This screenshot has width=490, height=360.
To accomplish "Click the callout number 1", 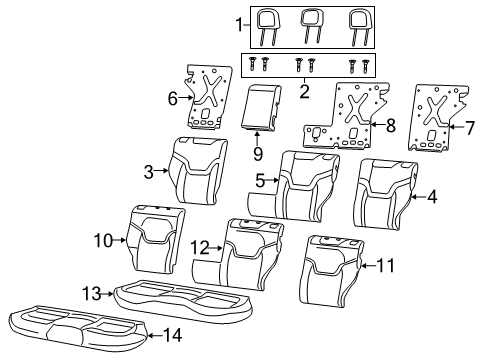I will (238, 23).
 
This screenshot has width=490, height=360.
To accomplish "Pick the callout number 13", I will (91, 292).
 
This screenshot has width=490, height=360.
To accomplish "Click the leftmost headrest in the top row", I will (268, 22).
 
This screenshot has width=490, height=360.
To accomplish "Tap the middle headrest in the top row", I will (312, 22).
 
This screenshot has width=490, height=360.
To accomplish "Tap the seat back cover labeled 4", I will (385, 190).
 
